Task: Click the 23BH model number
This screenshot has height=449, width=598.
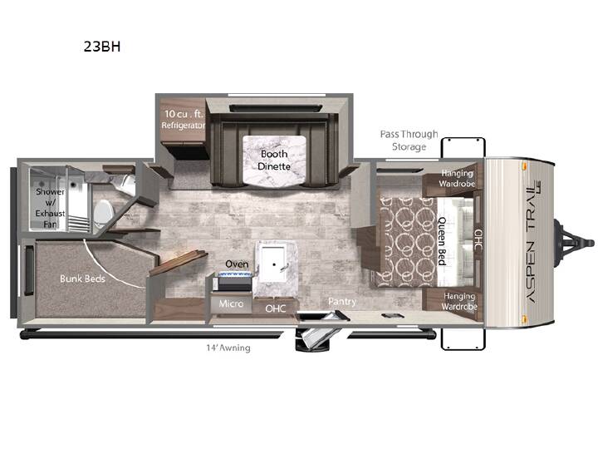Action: pos(102,47)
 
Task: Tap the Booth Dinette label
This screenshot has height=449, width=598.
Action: pos(274,160)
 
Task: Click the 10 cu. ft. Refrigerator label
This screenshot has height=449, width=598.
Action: pos(184,119)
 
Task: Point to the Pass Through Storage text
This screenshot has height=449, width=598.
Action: pos(409,141)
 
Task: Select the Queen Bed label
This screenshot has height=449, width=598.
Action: pos(442,241)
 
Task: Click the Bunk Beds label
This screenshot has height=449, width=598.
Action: pos(82,279)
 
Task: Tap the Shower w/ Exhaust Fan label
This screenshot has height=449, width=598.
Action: pos(50,208)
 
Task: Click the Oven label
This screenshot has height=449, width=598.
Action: pos(237,264)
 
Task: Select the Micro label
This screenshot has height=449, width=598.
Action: pos(231,304)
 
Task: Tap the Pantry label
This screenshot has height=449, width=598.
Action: pos(342,302)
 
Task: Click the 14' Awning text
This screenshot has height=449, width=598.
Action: pos(228,348)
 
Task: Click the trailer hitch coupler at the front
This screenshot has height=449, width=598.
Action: pos(575,243)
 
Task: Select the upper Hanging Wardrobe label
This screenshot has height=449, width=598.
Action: pos(457,178)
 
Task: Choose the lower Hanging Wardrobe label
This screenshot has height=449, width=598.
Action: pos(459,301)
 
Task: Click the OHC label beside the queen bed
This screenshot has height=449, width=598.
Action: pos(478,240)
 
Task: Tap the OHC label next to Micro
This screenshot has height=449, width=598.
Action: pos(276,308)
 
